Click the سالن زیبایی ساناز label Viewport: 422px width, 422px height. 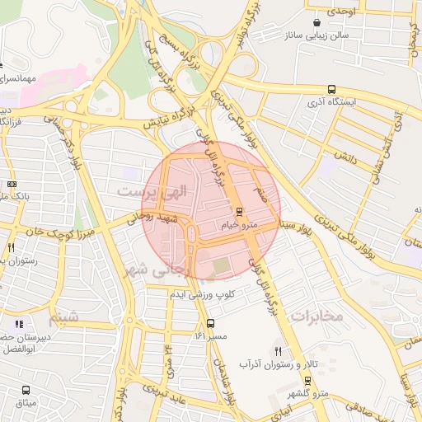316,36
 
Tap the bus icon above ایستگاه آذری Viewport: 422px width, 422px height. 331,89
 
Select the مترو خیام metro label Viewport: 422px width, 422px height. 240,224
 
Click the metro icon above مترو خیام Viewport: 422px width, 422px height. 240,211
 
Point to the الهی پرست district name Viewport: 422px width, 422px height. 152,190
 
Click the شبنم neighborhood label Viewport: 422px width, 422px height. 67,316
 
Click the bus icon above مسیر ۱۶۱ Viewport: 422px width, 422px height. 210,323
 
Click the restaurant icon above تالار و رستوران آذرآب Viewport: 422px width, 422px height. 277,351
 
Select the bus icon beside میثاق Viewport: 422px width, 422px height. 26,390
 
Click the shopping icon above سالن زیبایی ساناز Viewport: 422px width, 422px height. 316,23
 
